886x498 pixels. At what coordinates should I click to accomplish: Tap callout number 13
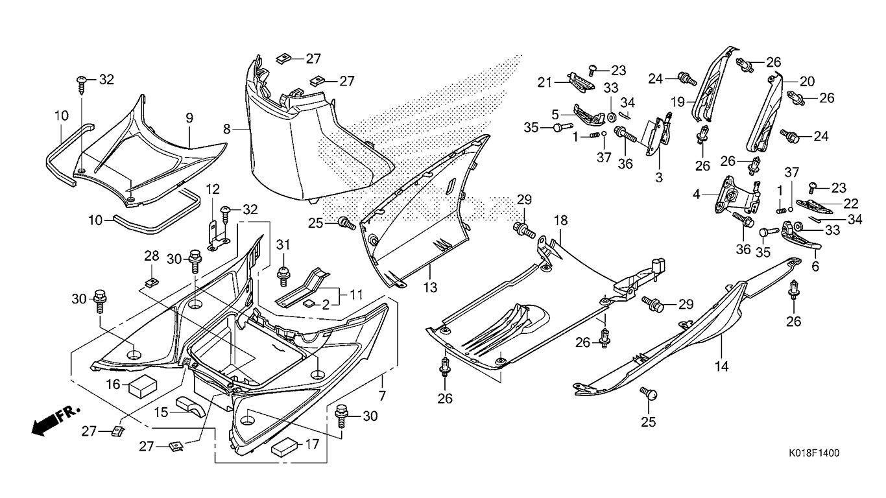pos(430,287)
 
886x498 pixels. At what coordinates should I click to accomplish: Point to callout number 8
pos(226,128)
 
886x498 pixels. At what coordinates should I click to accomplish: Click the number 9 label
pos(189,117)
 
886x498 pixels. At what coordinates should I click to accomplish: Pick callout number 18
pos(561,220)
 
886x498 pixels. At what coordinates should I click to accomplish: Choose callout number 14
pos(722,366)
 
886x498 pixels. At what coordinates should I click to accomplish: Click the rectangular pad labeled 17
pos(284,446)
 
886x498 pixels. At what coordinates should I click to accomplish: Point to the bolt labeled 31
pos(283,276)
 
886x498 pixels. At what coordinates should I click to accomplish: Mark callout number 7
pos(381,396)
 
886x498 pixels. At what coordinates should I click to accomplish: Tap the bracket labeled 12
pos(219,236)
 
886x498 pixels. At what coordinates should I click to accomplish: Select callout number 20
pos(807,82)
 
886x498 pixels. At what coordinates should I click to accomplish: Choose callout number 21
pos(544,82)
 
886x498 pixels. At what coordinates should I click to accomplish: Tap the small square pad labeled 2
pos(311,303)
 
